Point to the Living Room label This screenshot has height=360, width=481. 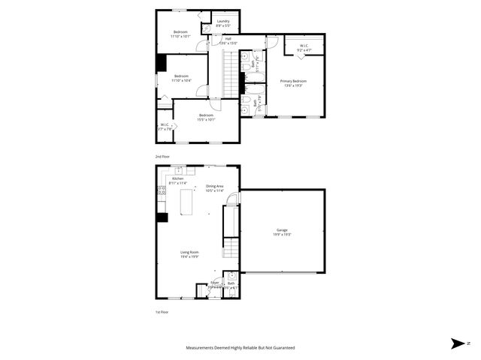pos(189,253)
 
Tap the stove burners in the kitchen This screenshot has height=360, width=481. pos(160,191)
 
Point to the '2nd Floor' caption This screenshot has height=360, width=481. pos(162,156)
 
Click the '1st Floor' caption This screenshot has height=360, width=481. pos(162,311)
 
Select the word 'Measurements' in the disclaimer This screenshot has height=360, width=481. pos(204,348)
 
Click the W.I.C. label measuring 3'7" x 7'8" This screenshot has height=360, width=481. pos(165,127)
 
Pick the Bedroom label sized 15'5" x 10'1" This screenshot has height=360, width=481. pos(206,117)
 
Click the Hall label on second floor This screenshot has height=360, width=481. pos(227,40)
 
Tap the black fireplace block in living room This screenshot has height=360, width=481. pos(161,218)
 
